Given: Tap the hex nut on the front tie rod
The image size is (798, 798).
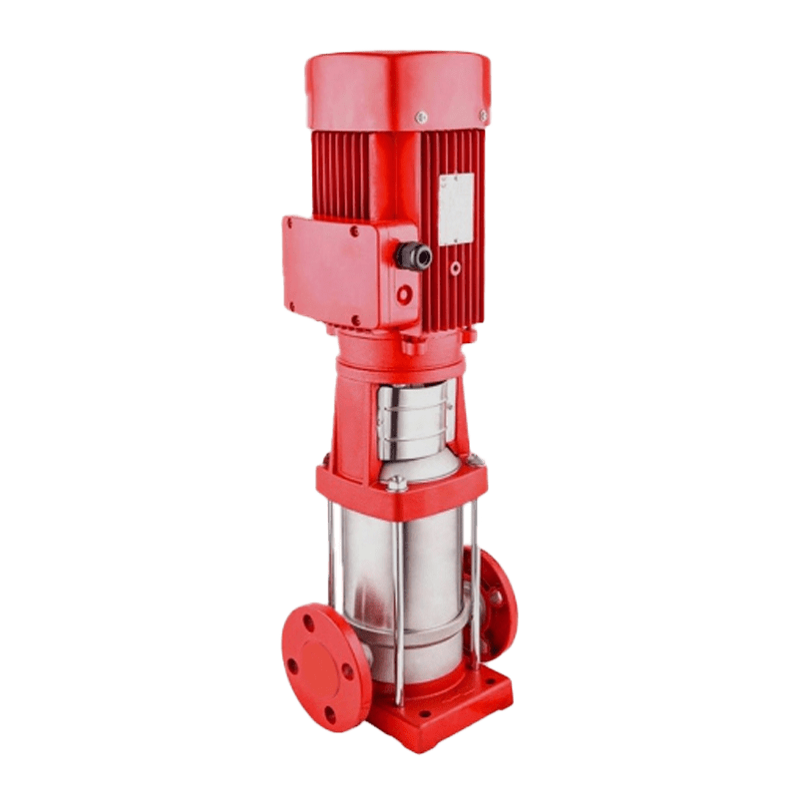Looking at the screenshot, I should (x=397, y=487).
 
